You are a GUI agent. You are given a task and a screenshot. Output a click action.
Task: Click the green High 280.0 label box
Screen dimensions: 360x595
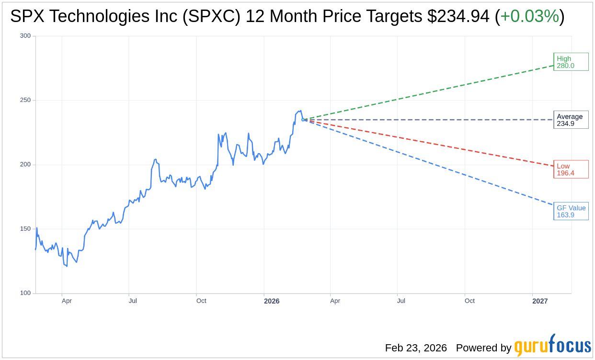tap(571, 62)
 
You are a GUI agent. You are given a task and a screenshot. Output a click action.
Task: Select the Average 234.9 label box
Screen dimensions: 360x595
tap(571, 120)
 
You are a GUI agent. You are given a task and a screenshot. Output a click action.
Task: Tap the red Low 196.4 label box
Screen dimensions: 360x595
tap(571, 169)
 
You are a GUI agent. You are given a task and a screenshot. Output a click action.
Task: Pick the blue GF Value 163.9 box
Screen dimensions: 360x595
tap(571, 211)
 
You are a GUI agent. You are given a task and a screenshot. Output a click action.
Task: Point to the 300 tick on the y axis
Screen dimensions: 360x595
tap(25, 36)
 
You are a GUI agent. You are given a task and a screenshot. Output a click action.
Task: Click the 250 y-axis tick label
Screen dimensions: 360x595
tap(25, 100)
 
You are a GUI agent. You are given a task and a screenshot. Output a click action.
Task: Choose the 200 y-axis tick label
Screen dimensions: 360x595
tap(25, 165)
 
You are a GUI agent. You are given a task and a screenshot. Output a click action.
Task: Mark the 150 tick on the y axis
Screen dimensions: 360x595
tap(25, 229)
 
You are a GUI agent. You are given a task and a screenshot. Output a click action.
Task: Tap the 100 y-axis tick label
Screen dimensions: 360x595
tap(25, 293)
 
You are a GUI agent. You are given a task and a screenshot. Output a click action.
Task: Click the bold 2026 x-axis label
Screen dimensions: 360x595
tap(272, 301)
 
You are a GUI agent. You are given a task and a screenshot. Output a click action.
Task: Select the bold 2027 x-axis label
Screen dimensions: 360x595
tap(540, 301)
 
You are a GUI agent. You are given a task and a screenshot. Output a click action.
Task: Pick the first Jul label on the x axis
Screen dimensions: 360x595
tap(133, 301)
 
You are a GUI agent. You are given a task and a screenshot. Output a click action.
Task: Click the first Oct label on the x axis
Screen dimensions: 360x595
tap(201, 301)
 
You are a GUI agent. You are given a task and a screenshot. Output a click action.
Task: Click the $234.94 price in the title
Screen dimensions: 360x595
tap(458, 17)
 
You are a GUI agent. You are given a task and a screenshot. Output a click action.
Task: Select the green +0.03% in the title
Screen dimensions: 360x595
tap(529, 17)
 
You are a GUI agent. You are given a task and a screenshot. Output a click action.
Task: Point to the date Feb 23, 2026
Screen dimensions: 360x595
tap(416, 348)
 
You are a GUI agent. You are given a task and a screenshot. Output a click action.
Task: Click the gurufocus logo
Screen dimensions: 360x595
tap(552, 346)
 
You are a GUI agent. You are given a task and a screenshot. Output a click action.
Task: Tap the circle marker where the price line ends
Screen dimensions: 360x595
tap(303, 120)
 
